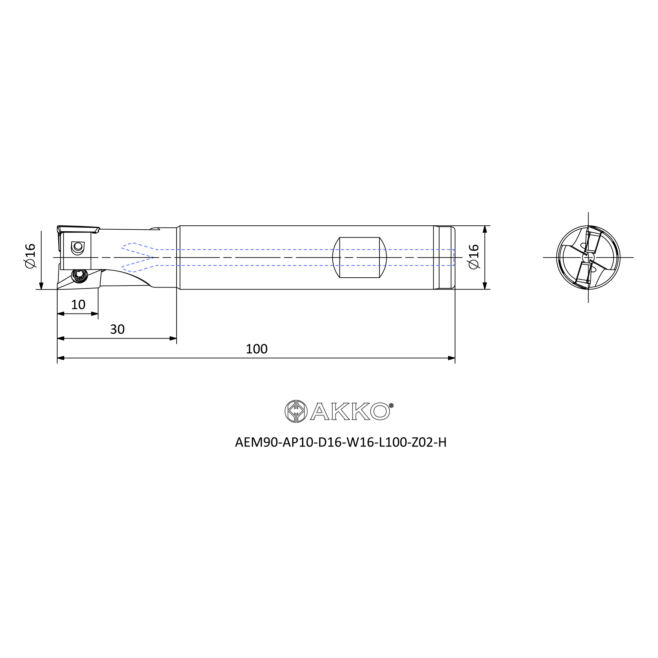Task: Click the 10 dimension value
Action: [x=78, y=304]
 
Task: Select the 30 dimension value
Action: [x=117, y=329]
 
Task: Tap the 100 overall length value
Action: [x=257, y=349]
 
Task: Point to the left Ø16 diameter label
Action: [x=30, y=256]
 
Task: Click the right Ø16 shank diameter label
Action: [x=474, y=257]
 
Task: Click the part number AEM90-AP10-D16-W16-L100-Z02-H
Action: [x=341, y=443]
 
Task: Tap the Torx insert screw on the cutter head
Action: [x=80, y=275]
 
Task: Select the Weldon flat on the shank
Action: [x=359, y=258]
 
